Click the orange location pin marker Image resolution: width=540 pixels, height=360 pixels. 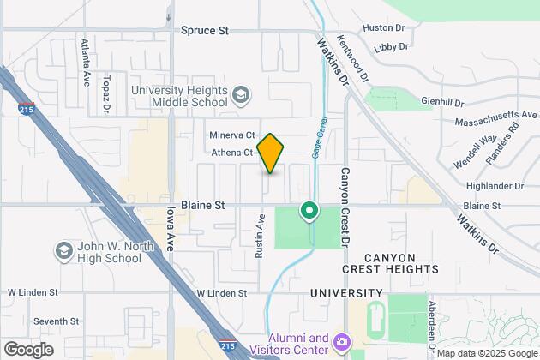point(270,153)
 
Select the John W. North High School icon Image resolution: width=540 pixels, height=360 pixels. point(63,250)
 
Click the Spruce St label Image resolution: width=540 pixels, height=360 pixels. point(205,30)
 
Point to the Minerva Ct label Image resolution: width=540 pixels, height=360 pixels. point(232,135)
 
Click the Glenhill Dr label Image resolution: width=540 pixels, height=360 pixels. point(441,100)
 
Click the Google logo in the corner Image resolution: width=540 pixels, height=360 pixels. point(28,349)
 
